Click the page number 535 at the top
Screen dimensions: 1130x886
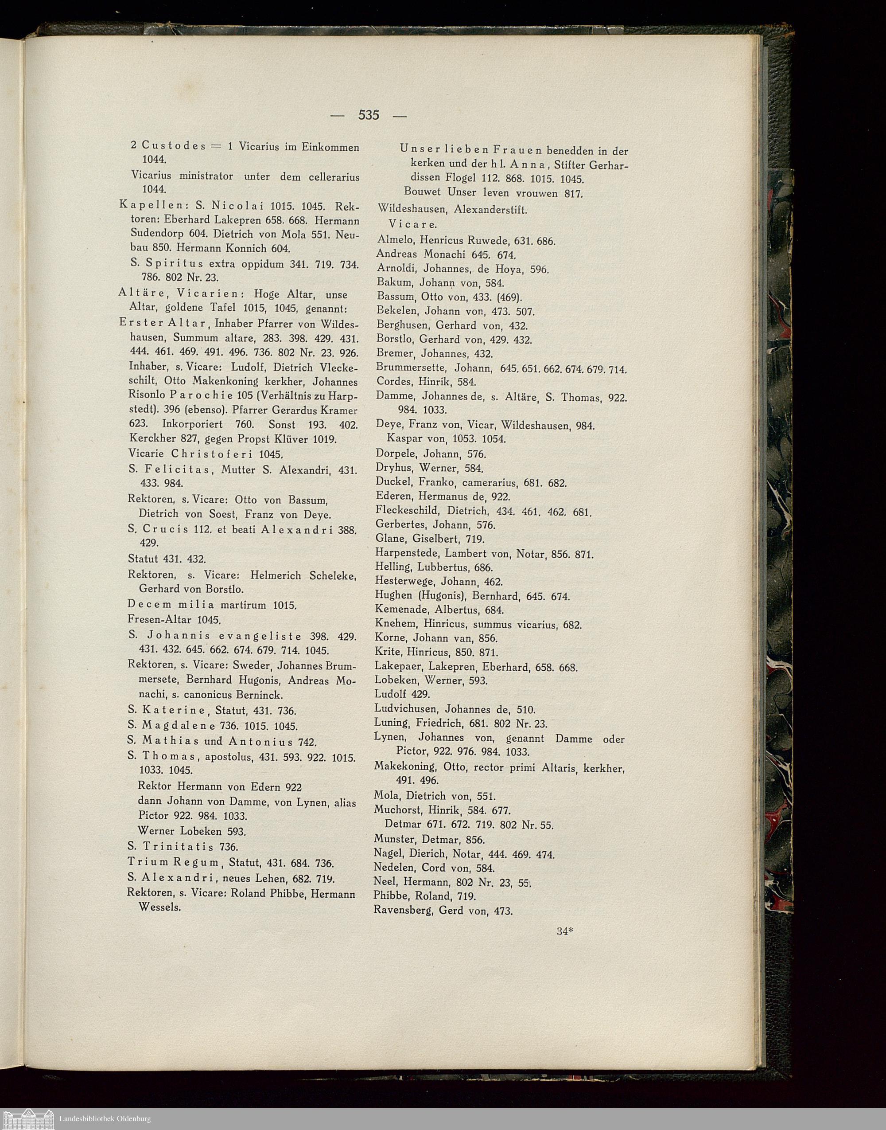368,115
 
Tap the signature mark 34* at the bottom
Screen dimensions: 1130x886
564,946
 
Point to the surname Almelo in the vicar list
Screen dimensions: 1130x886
396,241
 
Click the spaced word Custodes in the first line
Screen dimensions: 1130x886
174,146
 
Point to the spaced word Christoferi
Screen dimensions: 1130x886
214,454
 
